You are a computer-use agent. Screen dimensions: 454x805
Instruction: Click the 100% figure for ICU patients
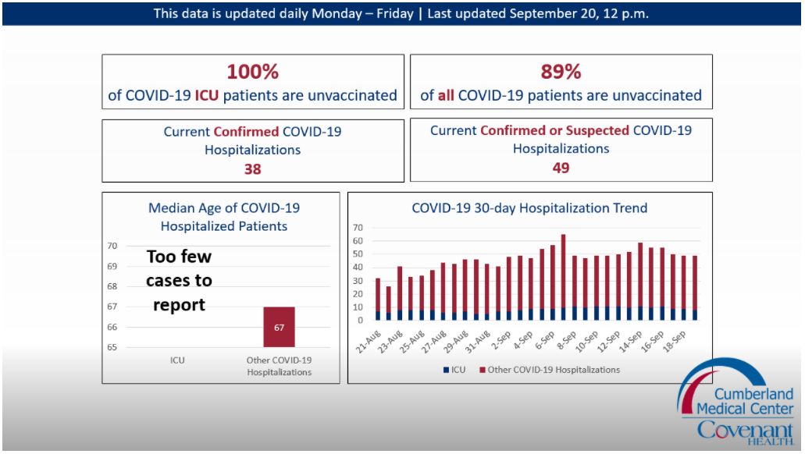pos(252,73)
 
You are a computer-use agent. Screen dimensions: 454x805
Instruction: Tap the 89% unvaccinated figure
pos(561,73)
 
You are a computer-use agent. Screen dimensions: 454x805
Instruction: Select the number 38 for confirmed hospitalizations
pos(252,168)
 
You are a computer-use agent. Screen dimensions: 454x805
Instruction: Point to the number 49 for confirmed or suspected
pos(561,168)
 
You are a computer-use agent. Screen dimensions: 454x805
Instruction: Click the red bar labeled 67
pos(279,327)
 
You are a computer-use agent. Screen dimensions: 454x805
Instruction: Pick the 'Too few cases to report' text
pos(179,280)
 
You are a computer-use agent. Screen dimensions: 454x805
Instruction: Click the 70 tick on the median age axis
pos(112,246)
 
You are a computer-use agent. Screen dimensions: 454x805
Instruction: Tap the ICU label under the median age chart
pos(177,360)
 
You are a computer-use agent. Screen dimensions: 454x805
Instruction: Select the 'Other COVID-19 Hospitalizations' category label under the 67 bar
pos(279,366)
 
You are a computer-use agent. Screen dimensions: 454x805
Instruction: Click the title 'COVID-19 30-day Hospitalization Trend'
pos(529,208)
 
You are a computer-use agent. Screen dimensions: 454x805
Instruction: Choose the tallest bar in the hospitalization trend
pos(563,277)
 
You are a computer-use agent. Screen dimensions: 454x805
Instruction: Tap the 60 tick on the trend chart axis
pos(358,241)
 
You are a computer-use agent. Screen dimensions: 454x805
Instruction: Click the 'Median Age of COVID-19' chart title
pos(224,208)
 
